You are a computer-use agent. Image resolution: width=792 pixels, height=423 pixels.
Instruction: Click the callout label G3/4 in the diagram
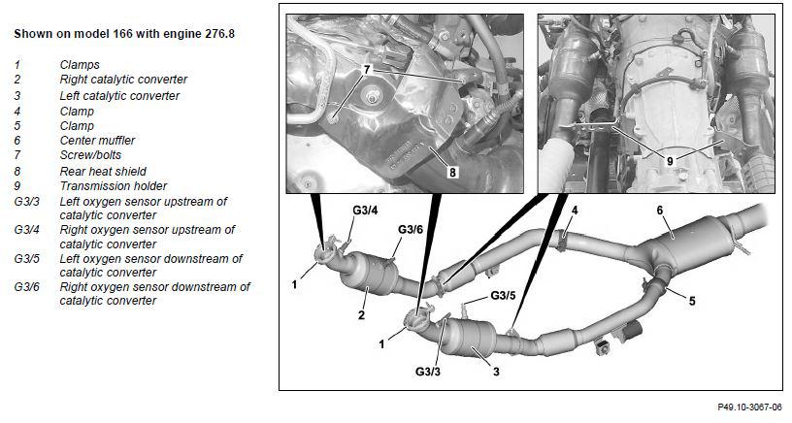[365, 211]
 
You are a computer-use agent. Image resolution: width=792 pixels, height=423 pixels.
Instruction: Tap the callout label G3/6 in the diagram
[411, 229]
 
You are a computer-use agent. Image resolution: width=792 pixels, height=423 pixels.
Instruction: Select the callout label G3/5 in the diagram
[503, 295]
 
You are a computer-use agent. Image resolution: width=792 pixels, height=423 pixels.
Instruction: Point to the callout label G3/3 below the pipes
[428, 372]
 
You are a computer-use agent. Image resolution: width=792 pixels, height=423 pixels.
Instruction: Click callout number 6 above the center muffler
[660, 210]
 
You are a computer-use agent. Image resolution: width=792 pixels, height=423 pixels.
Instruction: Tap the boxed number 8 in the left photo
[452, 172]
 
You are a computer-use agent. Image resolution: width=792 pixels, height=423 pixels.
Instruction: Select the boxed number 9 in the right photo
[670, 161]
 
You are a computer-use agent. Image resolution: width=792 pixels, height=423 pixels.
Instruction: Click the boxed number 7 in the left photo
[367, 69]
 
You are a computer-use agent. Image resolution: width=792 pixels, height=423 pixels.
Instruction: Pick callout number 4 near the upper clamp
[575, 210]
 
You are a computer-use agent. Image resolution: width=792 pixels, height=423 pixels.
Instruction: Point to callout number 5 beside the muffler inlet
[692, 301]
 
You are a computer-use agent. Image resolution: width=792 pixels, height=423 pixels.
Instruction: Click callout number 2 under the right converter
[361, 315]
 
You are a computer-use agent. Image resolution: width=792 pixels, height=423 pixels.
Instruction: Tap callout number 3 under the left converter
[496, 372]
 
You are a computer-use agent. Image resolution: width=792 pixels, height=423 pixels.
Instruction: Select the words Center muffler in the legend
[97, 141]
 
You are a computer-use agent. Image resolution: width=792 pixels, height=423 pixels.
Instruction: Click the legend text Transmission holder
[114, 185]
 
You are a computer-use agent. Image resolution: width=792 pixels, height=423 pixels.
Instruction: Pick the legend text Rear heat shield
[103, 171]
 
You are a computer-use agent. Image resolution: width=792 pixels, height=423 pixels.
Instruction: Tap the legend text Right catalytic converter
[123, 80]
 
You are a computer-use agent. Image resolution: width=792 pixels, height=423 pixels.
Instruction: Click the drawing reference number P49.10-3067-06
[749, 407]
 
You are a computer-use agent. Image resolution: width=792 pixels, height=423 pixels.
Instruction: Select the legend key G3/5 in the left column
[27, 258]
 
